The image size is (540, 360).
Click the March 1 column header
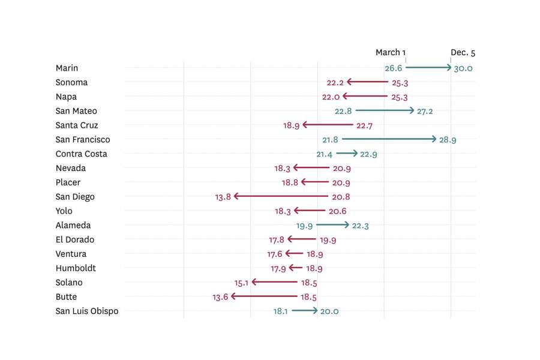[391, 53]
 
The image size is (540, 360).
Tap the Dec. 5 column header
[463, 53]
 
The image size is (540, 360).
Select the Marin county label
[67, 68]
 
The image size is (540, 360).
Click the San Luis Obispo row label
[87, 311]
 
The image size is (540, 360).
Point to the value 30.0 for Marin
[463, 68]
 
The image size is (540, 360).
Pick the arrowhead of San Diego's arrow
[236, 196]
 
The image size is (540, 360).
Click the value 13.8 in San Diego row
[223, 197]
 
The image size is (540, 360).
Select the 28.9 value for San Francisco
[448, 140]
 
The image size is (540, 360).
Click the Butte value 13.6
[220, 297]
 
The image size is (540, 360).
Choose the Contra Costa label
[82, 154]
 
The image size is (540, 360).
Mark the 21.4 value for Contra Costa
[325, 154]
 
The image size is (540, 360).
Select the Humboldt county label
[76, 268]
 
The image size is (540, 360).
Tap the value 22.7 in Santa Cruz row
[364, 126]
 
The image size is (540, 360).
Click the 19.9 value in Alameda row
[304, 226]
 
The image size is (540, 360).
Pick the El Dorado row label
[75, 239]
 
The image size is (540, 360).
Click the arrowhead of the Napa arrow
[344, 96]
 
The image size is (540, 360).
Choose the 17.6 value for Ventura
[275, 254]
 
